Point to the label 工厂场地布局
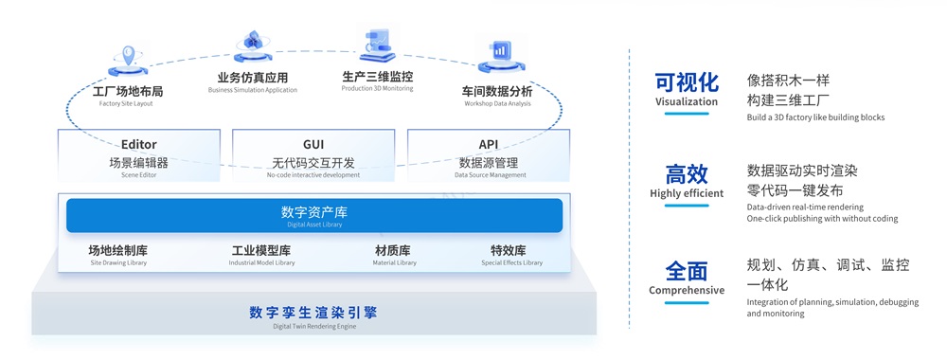pos(128,92)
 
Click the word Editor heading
pos(139,145)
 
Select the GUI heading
pos(313,145)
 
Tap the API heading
pos(488,145)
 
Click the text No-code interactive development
pos(313,175)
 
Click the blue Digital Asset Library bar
pos(313,216)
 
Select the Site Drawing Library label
pos(118,262)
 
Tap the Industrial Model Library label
pos(261,262)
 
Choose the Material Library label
pos(393,262)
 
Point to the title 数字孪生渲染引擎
pos(313,312)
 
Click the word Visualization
pos(687,101)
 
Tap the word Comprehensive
pos(687,290)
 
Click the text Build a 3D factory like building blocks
pos(815,117)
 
